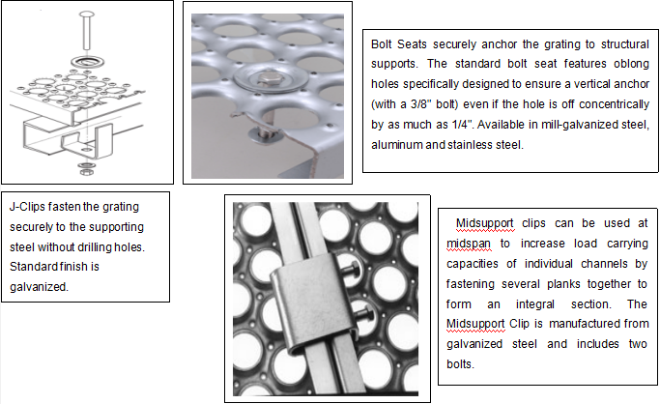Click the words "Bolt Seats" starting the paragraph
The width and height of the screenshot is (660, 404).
click(399, 44)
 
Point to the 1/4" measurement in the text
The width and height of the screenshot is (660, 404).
click(462, 125)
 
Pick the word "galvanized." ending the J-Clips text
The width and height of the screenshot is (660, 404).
click(39, 287)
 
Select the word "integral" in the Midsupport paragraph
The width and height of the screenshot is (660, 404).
click(535, 304)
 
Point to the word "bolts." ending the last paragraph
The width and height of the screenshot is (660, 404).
click(461, 364)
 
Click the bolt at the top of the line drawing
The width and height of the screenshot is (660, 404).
click(87, 30)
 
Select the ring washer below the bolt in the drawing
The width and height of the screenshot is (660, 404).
click(88, 62)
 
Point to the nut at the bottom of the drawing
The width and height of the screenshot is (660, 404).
click(87, 172)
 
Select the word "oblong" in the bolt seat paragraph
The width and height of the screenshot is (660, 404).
click(631, 65)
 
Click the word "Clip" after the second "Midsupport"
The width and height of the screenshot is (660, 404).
click(520, 324)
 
